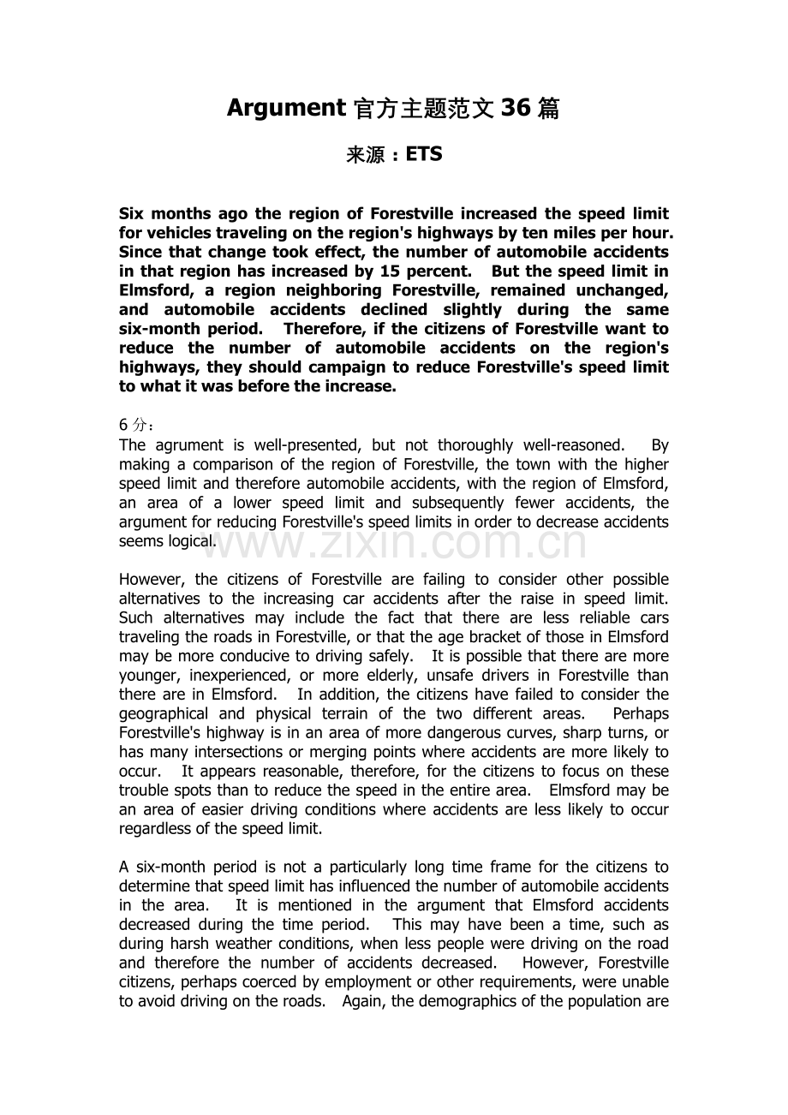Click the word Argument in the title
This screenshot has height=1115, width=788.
285,108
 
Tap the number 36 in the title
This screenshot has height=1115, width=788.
516,108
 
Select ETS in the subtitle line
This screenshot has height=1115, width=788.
424,155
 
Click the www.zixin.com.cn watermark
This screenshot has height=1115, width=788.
393,543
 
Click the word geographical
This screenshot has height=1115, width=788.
164,713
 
